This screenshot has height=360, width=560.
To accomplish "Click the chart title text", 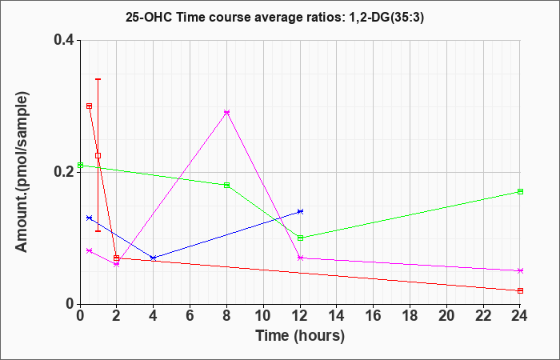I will coord(279,16).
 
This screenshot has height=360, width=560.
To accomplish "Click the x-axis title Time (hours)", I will coord(300,336).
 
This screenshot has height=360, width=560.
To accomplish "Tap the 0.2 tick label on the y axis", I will coord(64,171).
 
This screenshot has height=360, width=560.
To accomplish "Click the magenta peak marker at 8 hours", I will coord(226,113).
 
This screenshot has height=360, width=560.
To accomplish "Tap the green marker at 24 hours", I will coord(520,191).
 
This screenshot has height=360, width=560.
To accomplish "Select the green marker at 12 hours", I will coord(300,238).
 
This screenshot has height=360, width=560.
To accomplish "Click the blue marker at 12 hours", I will coord(300,211).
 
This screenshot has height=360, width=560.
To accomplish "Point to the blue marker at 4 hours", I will coord(153,258).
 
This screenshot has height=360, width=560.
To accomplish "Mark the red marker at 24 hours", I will coord(520,290).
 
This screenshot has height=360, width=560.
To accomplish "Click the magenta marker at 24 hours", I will coord(520,270).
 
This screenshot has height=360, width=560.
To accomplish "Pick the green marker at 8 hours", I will coord(226,185).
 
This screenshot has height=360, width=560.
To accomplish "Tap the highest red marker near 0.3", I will coord(89,106).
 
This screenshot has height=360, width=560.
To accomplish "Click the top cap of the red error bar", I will coord(98,79).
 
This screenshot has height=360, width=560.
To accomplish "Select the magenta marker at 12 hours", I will coord(300,258).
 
